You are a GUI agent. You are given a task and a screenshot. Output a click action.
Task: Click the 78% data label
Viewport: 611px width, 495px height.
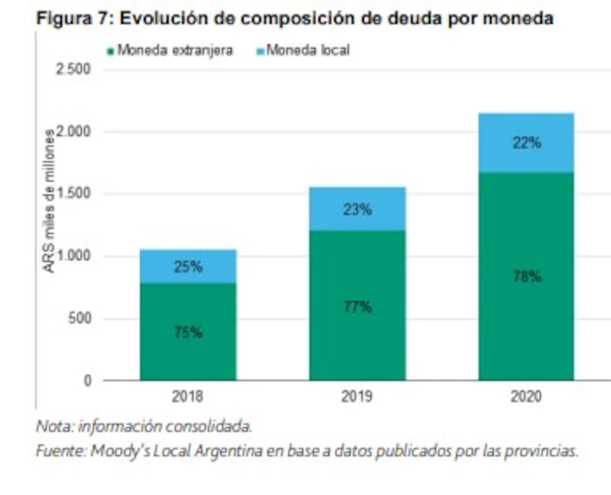pos(526,276)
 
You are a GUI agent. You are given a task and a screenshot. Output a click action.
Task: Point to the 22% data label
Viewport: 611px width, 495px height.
pos(526,143)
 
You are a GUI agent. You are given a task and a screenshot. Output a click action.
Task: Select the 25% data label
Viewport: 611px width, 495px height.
pos(188,267)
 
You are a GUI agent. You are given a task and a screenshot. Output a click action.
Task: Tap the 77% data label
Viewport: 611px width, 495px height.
pos(357,307)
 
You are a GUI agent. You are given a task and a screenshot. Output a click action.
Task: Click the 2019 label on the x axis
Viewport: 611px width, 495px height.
pos(357,397)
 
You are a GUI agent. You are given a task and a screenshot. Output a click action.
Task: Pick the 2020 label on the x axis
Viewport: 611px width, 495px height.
pos(526,397)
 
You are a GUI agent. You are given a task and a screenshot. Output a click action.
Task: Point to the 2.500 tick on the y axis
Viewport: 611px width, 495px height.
pos(74,70)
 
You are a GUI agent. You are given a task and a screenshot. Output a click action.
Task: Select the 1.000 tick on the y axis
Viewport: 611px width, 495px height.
pos(74,256)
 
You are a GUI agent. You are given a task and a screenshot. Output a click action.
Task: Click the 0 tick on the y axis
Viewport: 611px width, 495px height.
pos(87,381)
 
